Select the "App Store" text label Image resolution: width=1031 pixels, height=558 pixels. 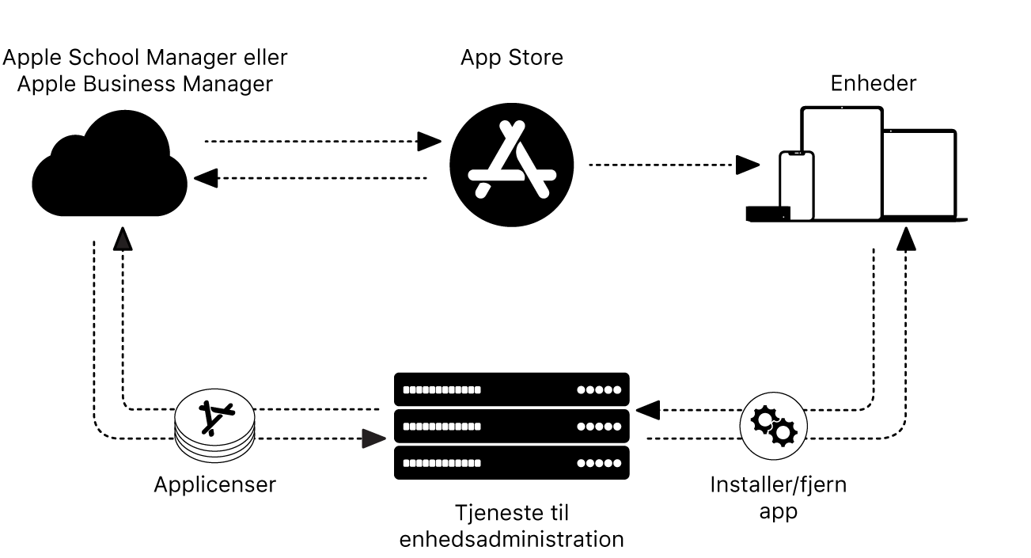pyautogui.click(x=512, y=58)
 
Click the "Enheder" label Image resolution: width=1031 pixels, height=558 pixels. pyautogui.click(x=873, y=83)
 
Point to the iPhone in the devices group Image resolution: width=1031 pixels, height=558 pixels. pyautogui.click(x=796, y=186)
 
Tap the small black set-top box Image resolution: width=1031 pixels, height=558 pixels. pyautogui.click(x=767, y=212)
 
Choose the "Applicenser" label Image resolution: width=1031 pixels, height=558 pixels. pyautogui.click(x=215, y=484)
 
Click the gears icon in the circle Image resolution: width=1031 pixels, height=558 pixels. pyautogui.click(x=772, y=424)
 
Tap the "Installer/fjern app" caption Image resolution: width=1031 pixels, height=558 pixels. pyautogui.click(x=778, y=497)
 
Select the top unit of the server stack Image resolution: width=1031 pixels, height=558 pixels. pyautogui.click(x=511, y=389)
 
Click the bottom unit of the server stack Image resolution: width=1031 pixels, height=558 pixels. pyautogui.click(x=511, y=463)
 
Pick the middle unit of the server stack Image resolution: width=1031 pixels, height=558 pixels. pyautogui.click(x=511, y=426)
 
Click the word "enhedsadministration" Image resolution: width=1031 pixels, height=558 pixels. pyautogui.click(x=511, y=540)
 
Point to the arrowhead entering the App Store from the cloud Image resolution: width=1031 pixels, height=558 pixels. pyautogui.click(x=430, y=142)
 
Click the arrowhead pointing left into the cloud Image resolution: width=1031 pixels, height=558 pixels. pyautogui.click(x=206, y=178)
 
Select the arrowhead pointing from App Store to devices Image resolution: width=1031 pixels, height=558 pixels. pyautogui.click(x=748, y=165)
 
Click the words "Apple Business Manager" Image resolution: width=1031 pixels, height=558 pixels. pyautogui.click(x=145, y=84)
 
